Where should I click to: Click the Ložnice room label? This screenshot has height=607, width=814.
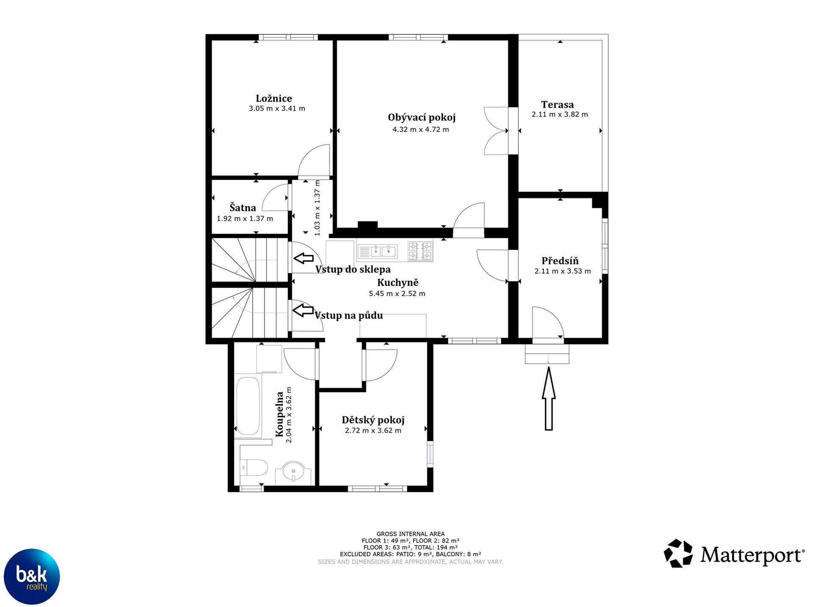pyautogui.click(x=274, y=98)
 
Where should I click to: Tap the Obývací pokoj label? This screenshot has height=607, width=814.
pyautogui.click(x=421, y=117)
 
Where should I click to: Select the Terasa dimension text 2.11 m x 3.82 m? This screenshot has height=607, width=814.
pyautogui.click(x=560, y=114)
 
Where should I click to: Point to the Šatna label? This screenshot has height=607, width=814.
pyautogui.click(x=243, y=208)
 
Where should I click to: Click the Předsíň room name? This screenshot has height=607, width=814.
pyautogui.click(x=560, y=261)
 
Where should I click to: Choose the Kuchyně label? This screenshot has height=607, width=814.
pyautogui.click(x=398, y=283)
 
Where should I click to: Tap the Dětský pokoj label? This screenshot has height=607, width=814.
pyautogui.click(x=373, y=420)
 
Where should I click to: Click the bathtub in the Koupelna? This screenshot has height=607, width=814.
pyautogui.click(x=248, y=406)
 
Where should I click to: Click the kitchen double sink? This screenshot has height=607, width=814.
pyautogui.click(x=377, y=251)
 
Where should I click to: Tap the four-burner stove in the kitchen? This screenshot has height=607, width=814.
pyautogui.click(x=420, y=251)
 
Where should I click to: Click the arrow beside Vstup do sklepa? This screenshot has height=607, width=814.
pyautogui.click(x=304, y=258)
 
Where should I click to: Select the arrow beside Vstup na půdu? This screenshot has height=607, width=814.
pyautogui.click(x=303, y=310)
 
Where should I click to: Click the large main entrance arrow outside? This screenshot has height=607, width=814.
pyautogui.click(x=549, y=398)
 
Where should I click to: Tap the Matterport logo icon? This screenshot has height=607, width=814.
pyautogui.click(x=678, y=553)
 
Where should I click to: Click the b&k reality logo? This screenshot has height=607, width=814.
pyautogui.click(x=32, y=576)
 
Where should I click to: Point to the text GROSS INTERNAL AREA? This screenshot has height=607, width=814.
pyautogui.click(x=410, y=534)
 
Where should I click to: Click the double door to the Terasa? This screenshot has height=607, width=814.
pyautogui.click(x=496, y=131)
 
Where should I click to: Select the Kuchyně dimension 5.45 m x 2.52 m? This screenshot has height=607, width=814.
pyautogui.click(x=397, y=293)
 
